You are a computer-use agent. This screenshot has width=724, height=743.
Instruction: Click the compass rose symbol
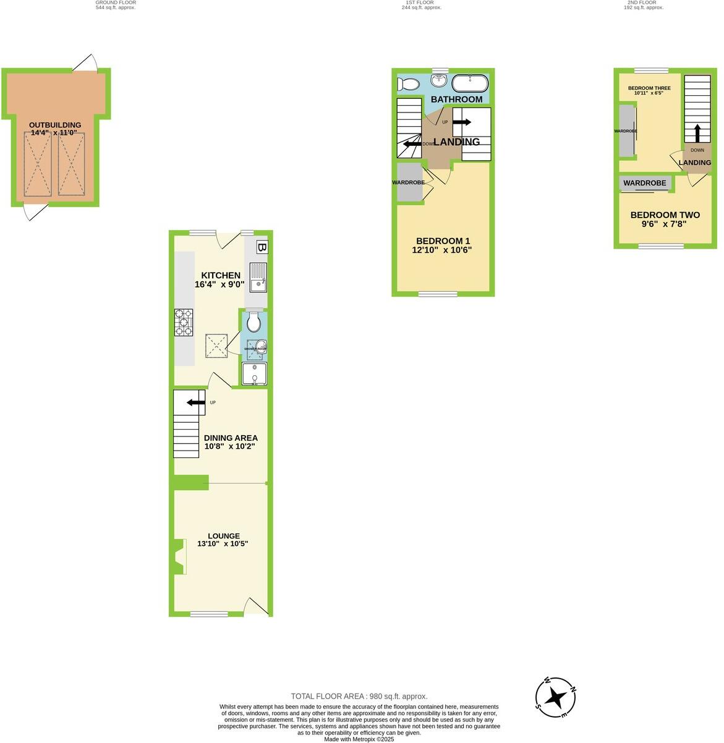556,698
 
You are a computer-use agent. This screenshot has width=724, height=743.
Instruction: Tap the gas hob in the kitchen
184,322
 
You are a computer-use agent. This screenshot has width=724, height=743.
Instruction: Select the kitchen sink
258,276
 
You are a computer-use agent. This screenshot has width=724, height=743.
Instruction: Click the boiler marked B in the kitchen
262,247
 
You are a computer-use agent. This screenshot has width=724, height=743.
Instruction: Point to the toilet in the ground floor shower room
253,322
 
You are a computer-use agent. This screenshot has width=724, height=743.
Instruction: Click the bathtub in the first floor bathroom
470,83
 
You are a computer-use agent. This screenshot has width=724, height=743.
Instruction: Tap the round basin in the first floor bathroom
440,81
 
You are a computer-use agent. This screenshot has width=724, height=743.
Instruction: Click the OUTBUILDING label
55,125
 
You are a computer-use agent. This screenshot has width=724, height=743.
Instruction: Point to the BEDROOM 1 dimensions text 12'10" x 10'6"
442,250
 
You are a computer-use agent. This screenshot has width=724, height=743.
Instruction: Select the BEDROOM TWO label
665,215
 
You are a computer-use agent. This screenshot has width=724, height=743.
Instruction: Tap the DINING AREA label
231,438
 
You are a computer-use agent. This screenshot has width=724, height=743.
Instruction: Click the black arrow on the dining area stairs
196,403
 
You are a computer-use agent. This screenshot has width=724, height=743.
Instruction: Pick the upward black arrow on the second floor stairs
697,133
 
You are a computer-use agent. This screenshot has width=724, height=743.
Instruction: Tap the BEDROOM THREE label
649,88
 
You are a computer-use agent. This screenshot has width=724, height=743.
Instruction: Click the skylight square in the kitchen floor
216,345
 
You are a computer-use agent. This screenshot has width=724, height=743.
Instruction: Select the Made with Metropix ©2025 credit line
359,739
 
